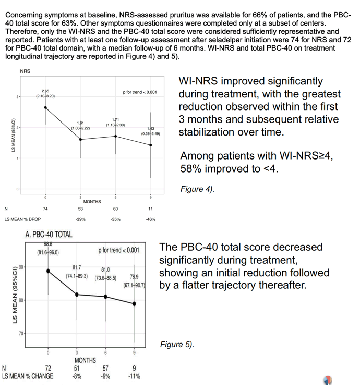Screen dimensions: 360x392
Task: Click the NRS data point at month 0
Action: (x=45, y=107)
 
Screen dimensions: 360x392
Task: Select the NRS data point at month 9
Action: (x=151, y=145)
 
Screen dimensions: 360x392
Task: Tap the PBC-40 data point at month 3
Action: (x=77, y=295)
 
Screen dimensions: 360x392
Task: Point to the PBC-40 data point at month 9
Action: (x=134, y=304)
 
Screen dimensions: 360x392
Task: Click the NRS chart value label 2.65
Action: (x=45, y=91)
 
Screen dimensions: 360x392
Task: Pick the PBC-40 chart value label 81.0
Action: (x=105, y=269)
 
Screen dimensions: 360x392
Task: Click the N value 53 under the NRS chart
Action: (x=80, y=209)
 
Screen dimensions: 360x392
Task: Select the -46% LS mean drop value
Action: (x=151, y=219)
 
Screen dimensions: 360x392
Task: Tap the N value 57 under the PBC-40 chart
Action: (x=105, y=368)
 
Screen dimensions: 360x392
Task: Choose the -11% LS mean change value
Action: (x=134, y=376)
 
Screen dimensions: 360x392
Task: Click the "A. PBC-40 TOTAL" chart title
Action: (x=49, y=235)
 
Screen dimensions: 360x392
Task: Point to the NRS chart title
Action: (x=25, y=71)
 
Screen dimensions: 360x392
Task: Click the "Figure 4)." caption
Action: (x=197, y=189)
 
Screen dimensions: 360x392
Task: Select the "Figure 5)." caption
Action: (x=177, y=345)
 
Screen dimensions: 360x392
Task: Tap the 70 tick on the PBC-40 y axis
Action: (x=21, y=333)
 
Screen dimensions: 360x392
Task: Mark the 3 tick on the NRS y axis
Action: (x=18, y=96)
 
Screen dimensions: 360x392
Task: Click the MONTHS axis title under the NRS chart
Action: (x=92, y=202)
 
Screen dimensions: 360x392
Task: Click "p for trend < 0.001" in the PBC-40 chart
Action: (x=119, y=250)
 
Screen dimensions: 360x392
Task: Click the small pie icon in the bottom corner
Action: (x=328, y=380)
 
